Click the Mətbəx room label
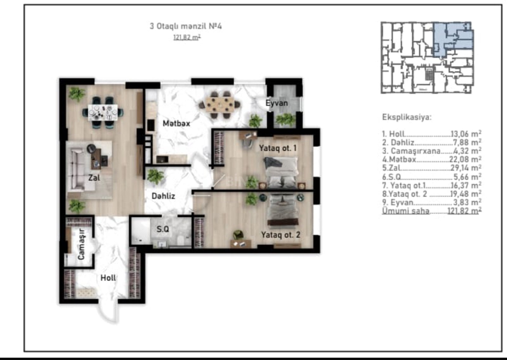[176, 124]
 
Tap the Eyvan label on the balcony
[277, 103]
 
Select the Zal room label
[94, 178]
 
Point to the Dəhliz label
[163, 196]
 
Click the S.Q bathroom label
[163, 229]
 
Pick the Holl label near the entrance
[108, 278]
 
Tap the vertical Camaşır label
[81, 244]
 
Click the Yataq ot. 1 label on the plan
[278, 148]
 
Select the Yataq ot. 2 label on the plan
[281, 235]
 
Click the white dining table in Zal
[103, 112]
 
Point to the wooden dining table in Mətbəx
[220, 104]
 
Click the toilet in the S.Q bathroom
[181, 240]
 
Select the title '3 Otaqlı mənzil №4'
[186, 26]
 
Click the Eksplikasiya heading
[407, 117]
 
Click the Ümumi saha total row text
[432, 211]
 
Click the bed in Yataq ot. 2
[283, 210]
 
